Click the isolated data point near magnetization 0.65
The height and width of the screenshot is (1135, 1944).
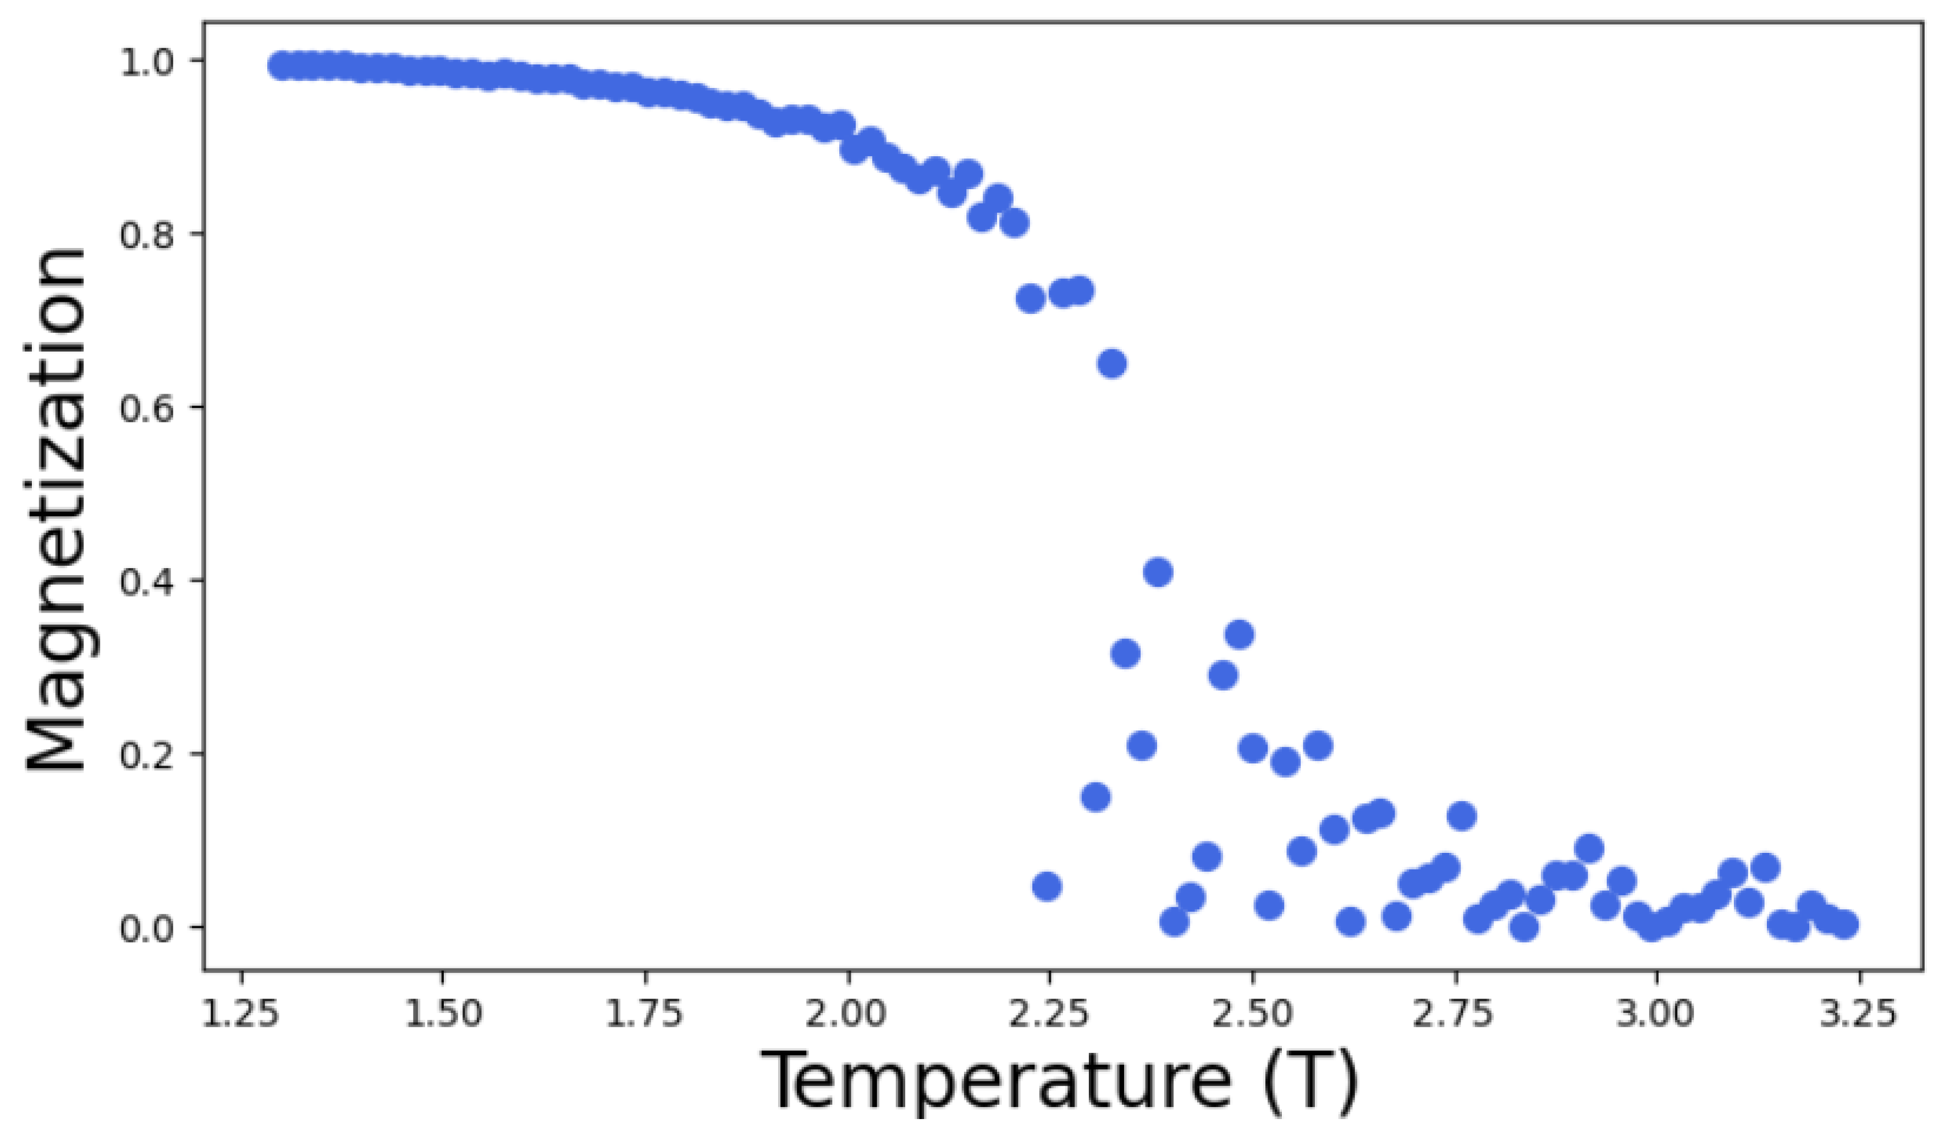pos(1111,363)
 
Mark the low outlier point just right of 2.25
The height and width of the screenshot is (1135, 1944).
pos(1047,886)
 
